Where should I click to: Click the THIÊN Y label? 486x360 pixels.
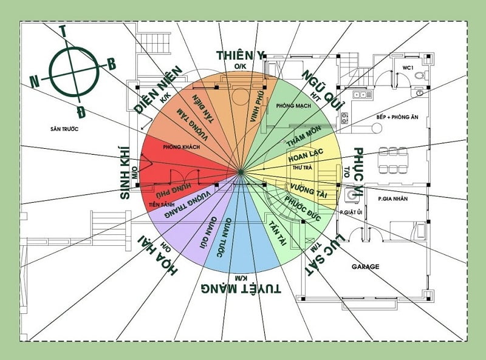(241, 55)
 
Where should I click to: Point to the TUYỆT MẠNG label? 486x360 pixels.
(241, 287)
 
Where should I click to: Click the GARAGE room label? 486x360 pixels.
(366, 267)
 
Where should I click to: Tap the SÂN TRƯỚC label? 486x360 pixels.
(66, 129)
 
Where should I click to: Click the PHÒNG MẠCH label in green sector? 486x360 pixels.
(293, 106)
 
